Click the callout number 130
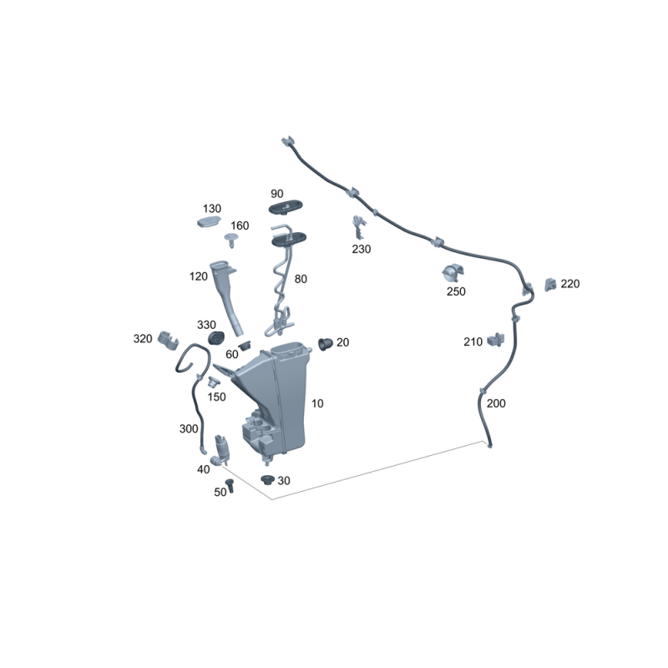pos(212,209)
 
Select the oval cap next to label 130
pos(209,222)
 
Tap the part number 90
pos(277,194)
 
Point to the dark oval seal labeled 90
pos(286,207)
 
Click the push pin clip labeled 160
pos(231,240)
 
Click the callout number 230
pos(362,249)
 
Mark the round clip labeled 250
pos(453,273)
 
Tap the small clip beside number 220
pos(550,284)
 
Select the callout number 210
pos(473,342)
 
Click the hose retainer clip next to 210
pos(495,340)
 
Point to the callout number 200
pos(496,403)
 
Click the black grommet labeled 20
pos(325,343)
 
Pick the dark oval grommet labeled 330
pos(216,338)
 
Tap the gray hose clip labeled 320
pos(169,341)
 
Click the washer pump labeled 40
pos(220,451)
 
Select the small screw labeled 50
pos(230,486)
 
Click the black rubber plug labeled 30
pos(267,479)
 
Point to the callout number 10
pos(317,403)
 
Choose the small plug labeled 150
pos(214,382)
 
